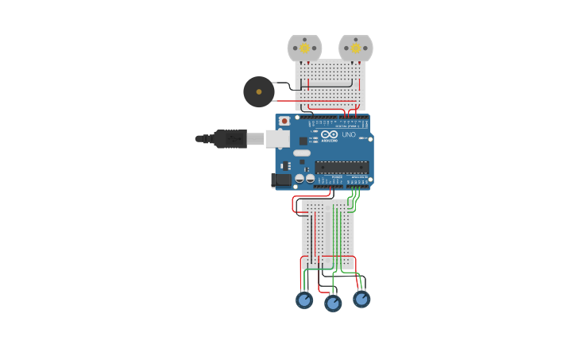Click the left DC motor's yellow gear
tap(304, 48)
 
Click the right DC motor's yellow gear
tap(355, 48)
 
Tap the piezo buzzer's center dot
tap(259, 92)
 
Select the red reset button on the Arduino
tap(284, 121)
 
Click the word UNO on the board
tap(347, 134)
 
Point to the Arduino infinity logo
tap(330, 134)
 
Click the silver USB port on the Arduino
tap(276, 139)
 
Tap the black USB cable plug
tap(230, 139)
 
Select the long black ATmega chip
tap(342, 167)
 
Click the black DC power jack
tap(280, 180)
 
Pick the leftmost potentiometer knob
tap(304, 300)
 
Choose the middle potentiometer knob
tap(333, 303)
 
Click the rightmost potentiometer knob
tap(361, 300)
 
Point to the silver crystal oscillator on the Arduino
tap(302, 153)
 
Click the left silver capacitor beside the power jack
tap(300, 179)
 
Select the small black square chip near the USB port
tap(303, 141)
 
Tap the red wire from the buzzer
tap(286, 101)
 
